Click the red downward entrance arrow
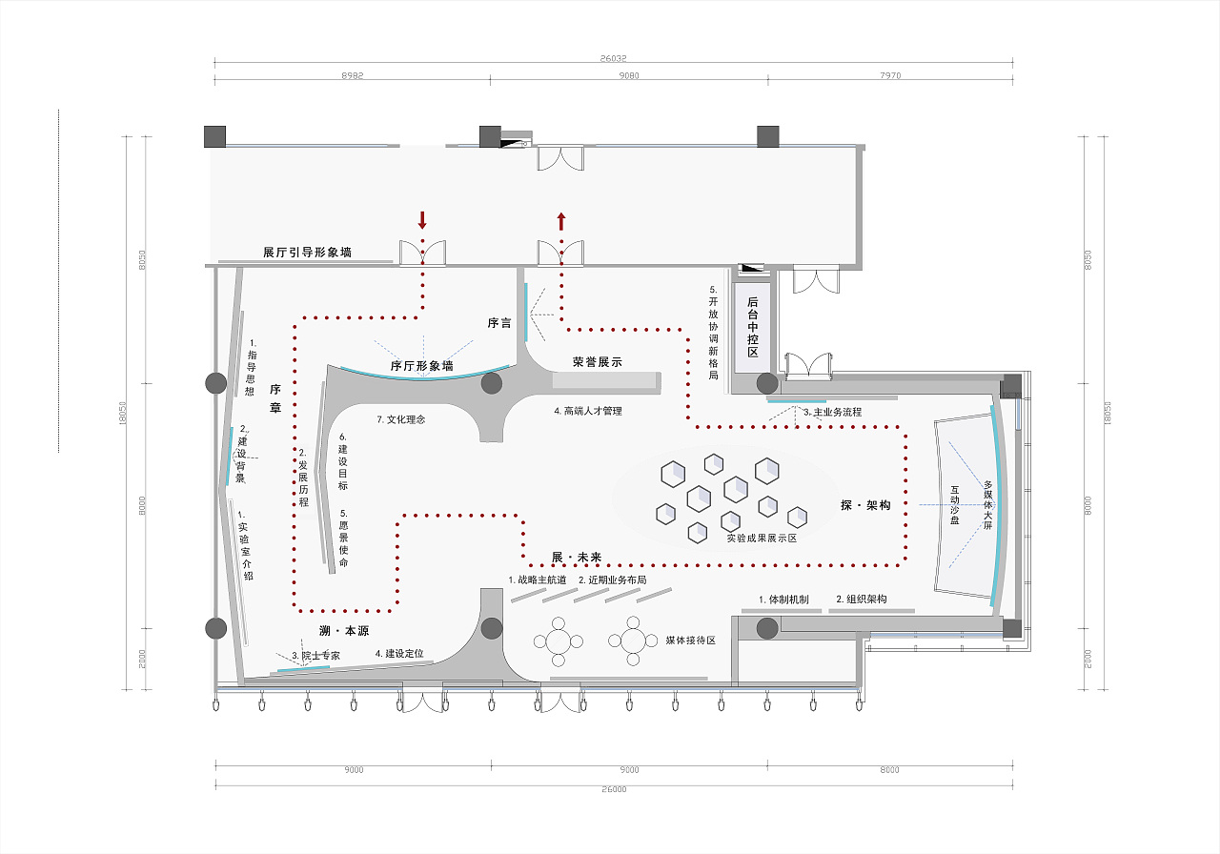[x=422, y=220]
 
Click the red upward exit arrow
[x=561, y=221]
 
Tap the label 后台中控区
[x=751, y=324]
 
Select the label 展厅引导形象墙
[x=307, y=253]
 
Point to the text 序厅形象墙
[x=421, y=365]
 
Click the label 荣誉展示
[x=597, y=362]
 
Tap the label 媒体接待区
[x=691, y=640]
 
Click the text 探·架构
[x=865, y=505]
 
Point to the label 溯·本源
[x=344, y=631]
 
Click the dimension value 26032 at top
[x=613, y=58]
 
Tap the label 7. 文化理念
[x=401, y=419]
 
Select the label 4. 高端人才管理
[x=588, y=411]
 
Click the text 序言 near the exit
[x=499, y=323]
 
